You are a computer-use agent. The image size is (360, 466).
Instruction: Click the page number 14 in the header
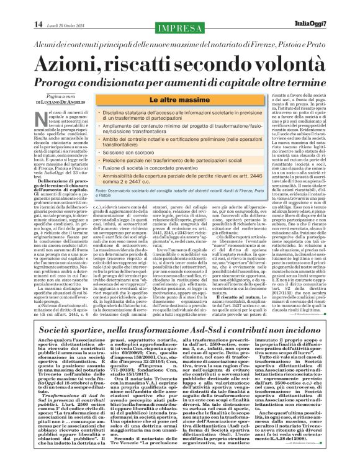point(20,25)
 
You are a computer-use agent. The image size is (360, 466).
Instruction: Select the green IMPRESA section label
point(180,27)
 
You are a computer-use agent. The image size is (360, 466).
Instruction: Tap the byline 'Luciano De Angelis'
point(53,102)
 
